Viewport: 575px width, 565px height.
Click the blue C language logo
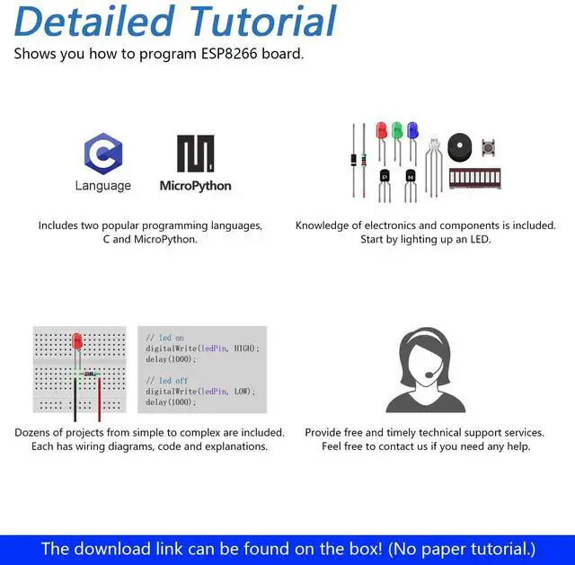(x=102, y=153)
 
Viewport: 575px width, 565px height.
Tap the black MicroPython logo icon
(x=195, y=154)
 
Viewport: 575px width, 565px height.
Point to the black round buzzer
(x=460, y=147)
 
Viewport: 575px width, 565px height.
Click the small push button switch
(x=489, y=147)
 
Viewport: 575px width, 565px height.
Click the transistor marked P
(x=385, y=176)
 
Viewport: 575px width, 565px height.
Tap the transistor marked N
(x=411, y=176)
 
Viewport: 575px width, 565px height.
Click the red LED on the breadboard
(x=77, y=342)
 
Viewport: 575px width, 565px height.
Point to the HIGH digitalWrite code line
(x=202, y=348)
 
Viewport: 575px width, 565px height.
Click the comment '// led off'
(x=165, y=381)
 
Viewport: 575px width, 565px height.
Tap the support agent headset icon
(x=425, y=369)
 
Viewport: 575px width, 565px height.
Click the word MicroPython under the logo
(x=195, y=186)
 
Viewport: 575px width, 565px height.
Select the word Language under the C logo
(x=102, y=186)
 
